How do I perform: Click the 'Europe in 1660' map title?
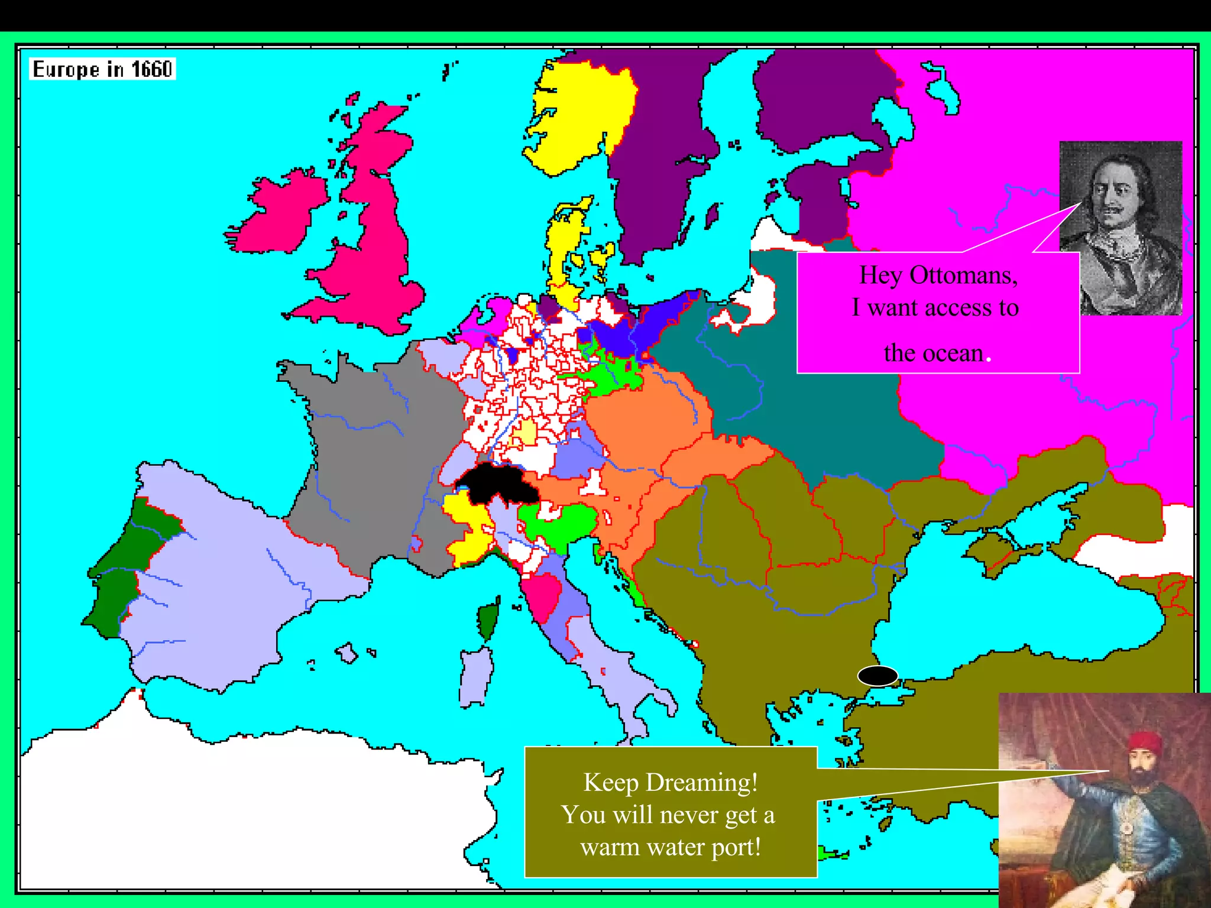point(102,69)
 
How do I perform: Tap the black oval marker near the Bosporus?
point(878,675)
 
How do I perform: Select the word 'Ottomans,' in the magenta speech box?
point(964,275)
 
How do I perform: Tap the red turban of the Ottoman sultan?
point(1144,742)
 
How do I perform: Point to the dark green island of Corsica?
point(488,621)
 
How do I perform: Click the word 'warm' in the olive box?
point(610,848)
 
